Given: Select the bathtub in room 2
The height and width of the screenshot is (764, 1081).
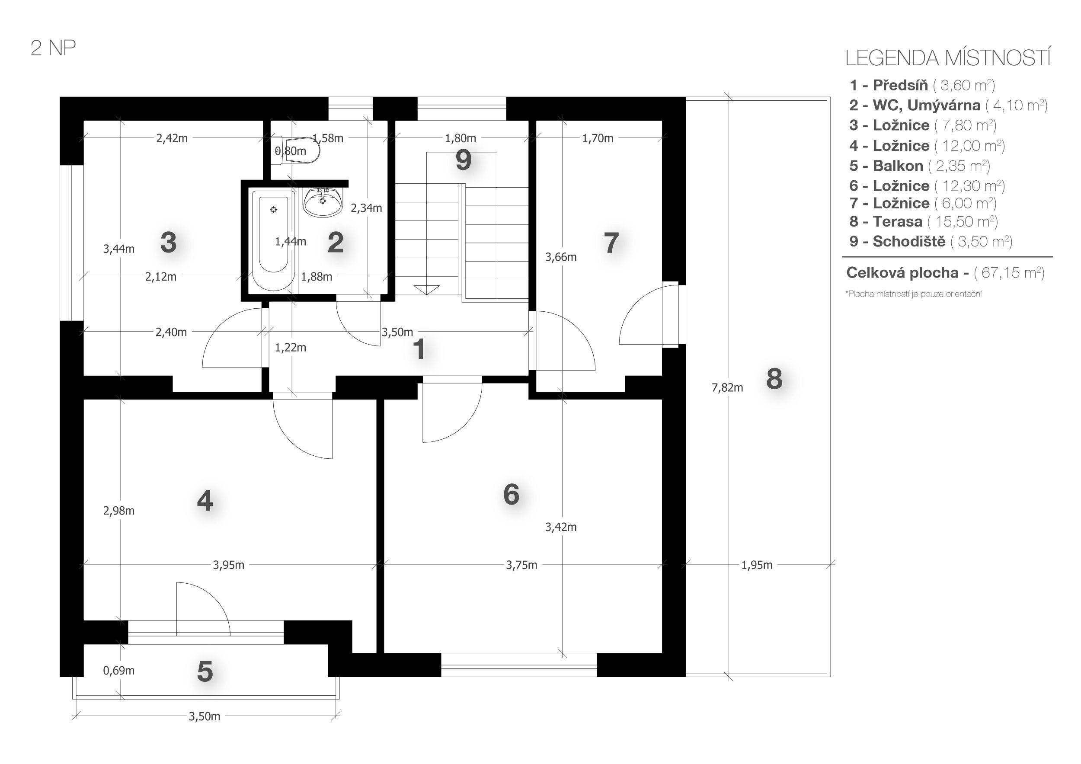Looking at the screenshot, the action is [274, 240].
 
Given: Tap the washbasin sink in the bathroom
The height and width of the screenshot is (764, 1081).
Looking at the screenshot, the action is [323, 202].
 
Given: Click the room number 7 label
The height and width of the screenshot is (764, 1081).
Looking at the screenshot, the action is [611, 243].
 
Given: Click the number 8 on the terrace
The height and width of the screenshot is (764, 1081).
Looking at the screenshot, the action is [774, 378].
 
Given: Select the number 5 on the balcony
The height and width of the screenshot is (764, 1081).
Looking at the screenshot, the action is [205, 671].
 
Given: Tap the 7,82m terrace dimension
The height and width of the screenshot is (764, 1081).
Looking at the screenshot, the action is [727, 388].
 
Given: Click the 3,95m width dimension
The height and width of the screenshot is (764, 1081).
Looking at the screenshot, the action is [229, 565].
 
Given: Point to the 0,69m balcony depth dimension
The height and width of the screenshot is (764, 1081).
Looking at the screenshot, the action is [118, 670].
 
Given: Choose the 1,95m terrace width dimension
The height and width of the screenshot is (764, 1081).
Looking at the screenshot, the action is [757, 565].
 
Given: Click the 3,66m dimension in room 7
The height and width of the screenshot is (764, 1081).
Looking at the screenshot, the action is [561, 257].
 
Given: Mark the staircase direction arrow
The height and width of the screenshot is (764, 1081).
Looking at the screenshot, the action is [426, 290].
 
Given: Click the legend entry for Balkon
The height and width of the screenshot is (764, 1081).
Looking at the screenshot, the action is [920, 166].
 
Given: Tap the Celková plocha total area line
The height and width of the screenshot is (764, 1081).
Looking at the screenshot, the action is [945, 272].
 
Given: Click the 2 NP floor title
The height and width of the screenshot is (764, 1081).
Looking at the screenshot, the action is [53, 48].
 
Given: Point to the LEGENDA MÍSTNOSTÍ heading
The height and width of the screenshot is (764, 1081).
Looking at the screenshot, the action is [948, 58].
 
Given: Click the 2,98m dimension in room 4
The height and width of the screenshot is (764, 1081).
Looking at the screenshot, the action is [118, 511].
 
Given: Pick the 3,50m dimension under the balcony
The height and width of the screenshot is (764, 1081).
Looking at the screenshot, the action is [205, 716].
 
